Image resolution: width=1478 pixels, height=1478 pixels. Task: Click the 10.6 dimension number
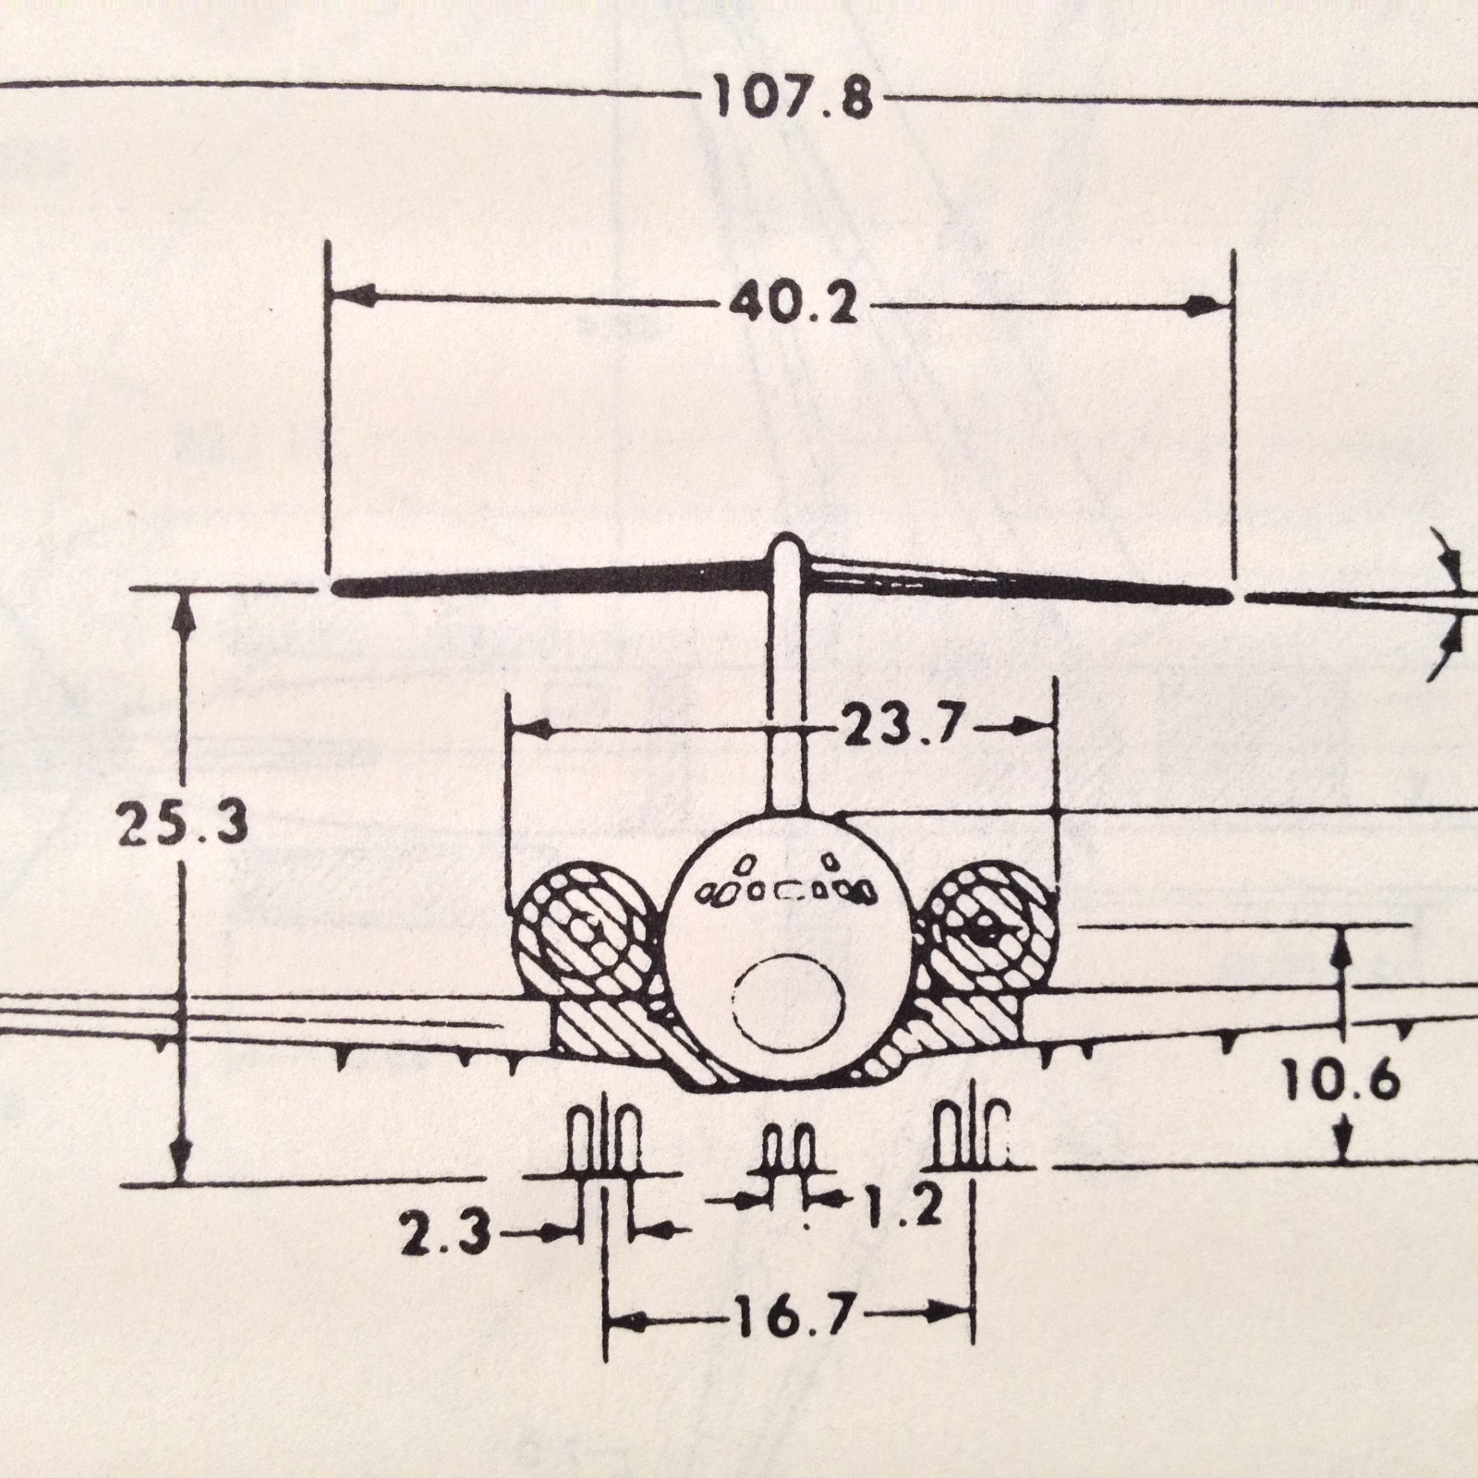tap(1341, 1080)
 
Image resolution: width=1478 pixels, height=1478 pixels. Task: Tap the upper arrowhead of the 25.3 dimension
tap(186, 611)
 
